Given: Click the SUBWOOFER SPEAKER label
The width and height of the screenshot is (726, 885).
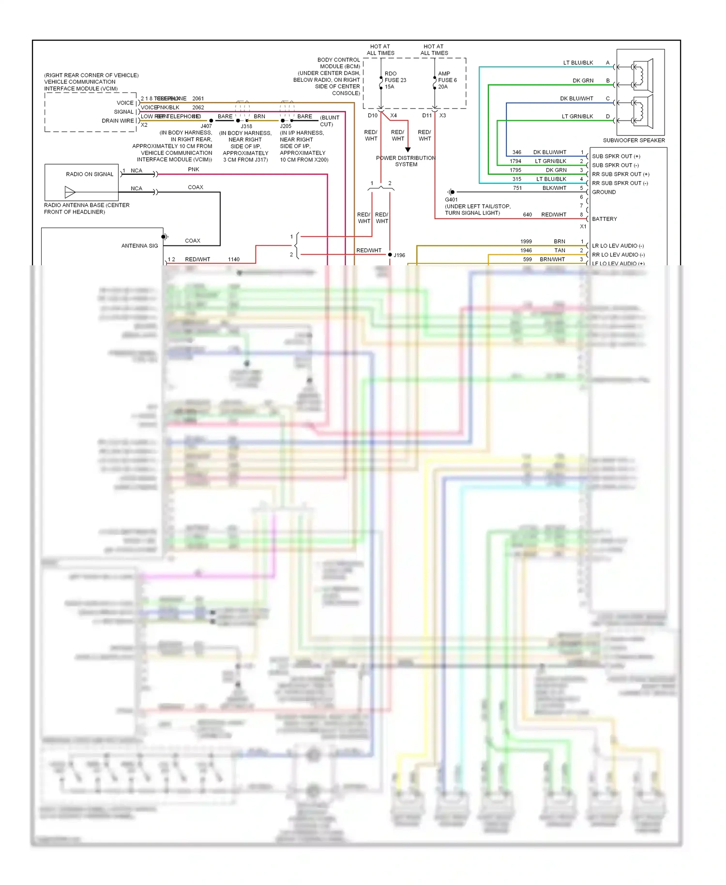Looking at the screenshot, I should pos(634,140).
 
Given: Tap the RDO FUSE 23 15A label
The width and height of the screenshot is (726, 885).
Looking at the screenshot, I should pos(395,80).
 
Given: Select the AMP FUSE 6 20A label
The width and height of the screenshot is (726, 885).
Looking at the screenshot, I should pos(447,80).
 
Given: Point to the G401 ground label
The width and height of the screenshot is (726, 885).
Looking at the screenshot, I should pos(451,199).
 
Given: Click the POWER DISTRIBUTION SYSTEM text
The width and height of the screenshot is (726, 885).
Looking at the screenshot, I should pos(406,161).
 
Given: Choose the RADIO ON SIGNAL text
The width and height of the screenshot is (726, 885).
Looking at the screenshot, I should pos(90,174).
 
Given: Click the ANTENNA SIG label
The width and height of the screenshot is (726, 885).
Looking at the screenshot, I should pos(139,246).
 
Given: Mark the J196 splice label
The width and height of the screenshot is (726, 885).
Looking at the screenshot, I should pos(399,255).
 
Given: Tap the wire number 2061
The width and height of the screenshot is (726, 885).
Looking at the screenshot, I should pos(198,99).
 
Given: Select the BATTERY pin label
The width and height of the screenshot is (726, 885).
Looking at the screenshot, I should pos(605,219).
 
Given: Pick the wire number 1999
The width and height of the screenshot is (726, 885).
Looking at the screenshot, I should pos(526,242).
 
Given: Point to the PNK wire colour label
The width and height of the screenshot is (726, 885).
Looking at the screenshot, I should pos(194,169).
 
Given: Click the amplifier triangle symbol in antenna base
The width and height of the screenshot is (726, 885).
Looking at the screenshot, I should pos(70,193).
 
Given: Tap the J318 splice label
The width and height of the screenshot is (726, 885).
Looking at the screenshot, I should pos(246,126).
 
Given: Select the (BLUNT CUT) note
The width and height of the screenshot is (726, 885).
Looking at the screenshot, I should pos(329,121).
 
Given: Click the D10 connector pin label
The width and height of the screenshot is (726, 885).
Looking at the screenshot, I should pos(372,116).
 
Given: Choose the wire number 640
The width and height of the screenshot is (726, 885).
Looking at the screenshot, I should pos(528,215).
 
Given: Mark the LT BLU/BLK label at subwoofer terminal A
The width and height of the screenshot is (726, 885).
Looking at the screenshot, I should pos(578,63).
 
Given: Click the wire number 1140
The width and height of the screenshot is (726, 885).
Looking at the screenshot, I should pos(234,259).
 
